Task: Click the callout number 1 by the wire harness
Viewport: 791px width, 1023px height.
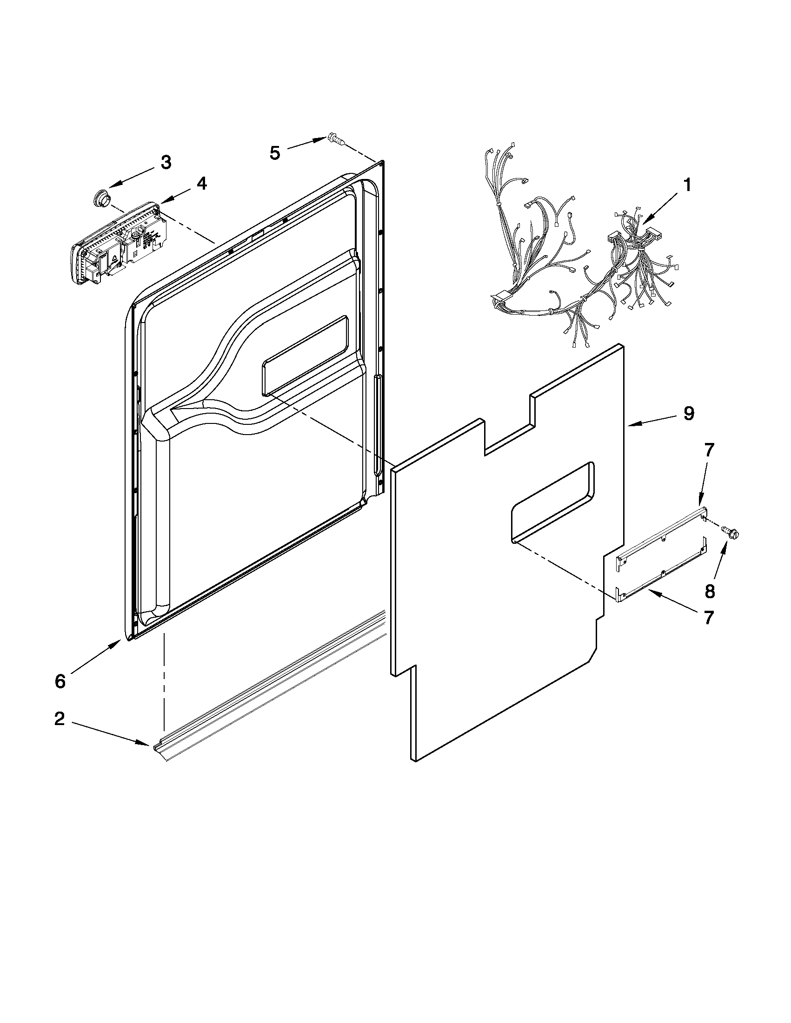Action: click(686, 185)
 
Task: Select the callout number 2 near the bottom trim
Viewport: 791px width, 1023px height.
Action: click(60, 719)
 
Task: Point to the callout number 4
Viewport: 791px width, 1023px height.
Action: click(201, 184)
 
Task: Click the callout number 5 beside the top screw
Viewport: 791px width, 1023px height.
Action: click(275, 152)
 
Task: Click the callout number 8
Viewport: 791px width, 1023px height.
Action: click(710, 591)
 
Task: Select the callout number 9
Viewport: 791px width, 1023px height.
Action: click(688, 414)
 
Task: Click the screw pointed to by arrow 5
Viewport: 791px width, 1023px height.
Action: click(335, 139)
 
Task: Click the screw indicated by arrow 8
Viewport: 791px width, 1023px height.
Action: click(731, 531)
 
